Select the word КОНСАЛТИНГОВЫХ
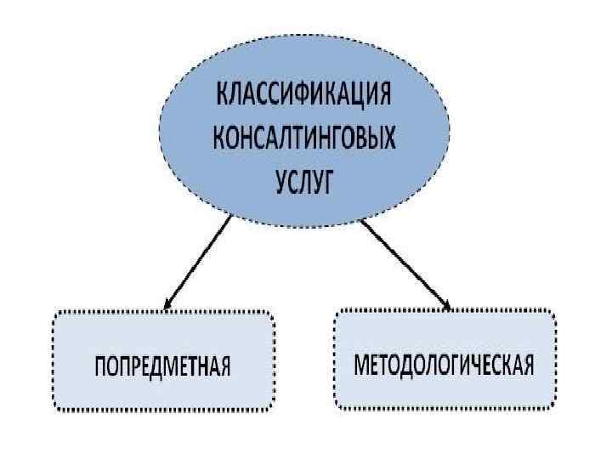pos(305,138)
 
